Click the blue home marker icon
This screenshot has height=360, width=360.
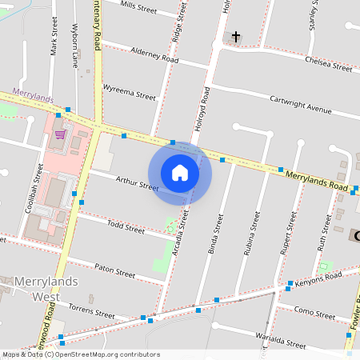[x=180, y=173]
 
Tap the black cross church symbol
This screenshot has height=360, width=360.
[x=236, y=37]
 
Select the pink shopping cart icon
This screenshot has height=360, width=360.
[x=60, y=134]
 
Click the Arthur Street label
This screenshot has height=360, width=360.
[x=138, y=185]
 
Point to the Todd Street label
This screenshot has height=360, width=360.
[x=125, y=229]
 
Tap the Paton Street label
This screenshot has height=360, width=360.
[x=115, y=273]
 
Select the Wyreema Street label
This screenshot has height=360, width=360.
[x=130, y=94]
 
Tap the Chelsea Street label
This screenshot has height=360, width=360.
[x=328, y=64]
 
